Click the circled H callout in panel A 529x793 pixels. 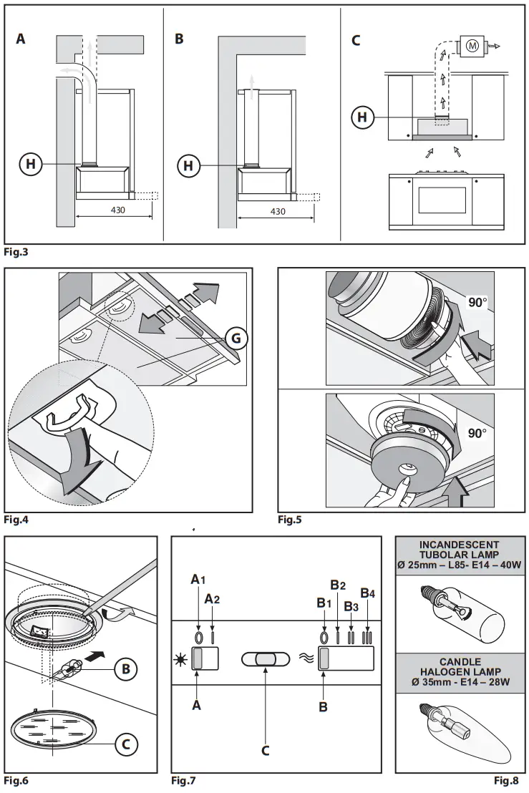pyautogui.click(x=31, y=165)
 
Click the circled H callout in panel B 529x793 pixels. pyautogui.click(x=188, y=166)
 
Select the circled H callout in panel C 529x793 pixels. pyautogui.click(x=364, y=117)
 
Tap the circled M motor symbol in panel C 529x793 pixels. pyautogui.click(x=471, y=45)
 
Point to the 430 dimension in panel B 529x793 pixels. pyautogui.click(x=278, y=211)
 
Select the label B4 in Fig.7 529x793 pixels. pyautogui.click(x=367, y=593)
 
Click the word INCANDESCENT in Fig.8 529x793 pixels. pyautogui.click(x=460, y=545)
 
